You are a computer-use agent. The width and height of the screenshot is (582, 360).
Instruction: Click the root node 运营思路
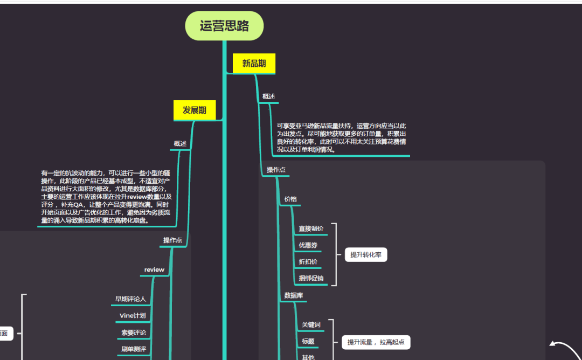pos(224,26)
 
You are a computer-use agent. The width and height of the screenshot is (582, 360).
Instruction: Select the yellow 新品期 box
pos(254,64)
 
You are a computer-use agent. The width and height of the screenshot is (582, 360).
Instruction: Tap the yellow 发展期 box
pos(195,110)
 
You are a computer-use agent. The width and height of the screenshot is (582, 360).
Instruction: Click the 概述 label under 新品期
pos(268,96)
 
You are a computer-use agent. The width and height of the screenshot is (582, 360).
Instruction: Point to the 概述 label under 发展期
pos(180,144)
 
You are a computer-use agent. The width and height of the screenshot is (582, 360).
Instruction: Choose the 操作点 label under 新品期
pos(276,170)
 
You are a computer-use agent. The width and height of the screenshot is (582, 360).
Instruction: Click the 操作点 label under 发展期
pos(172,240)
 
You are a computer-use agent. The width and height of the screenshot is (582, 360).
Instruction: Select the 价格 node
pos(290,199)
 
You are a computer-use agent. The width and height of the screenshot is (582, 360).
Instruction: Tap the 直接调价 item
pos(311,229)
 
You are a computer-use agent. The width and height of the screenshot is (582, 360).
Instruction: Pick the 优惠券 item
pos(308,245)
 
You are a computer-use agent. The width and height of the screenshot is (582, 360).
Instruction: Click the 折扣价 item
pos(308,262)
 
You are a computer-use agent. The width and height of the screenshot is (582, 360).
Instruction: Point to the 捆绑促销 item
pos(311,278)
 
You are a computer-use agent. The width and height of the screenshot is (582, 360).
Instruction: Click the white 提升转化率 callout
pos(366,255)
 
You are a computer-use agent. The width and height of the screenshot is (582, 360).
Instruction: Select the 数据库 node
pos(294,295)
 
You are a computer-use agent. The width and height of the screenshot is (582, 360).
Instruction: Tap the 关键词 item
pos(311,325)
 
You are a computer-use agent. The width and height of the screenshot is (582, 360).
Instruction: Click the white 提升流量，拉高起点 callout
pos(376,342)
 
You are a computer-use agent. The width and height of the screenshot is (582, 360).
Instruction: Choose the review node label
pos(154,269)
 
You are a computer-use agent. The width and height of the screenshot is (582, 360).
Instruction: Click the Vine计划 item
pos(133,315)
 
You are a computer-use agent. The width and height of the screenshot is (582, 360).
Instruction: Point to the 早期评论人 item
pos(130,299)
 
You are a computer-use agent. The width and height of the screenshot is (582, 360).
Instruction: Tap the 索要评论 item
pos(133,333)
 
